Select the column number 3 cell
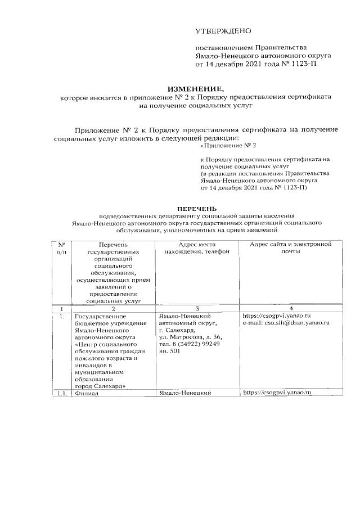197,309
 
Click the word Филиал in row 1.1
86,392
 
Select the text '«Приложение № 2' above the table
228,146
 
